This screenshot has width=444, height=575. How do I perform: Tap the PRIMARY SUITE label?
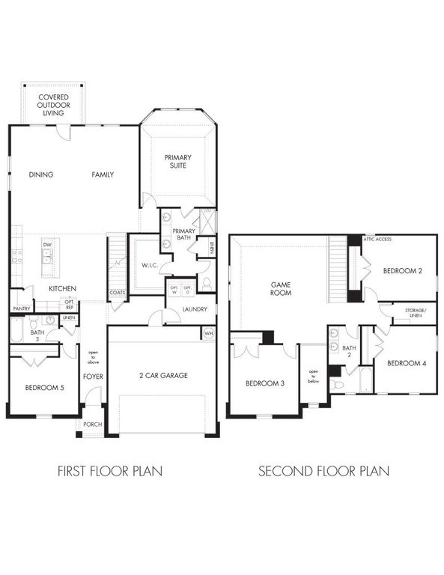[x=178, y=161]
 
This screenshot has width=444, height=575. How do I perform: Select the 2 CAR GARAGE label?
[x=162, y=375]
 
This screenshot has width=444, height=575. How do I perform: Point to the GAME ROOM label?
[x=281, y=288]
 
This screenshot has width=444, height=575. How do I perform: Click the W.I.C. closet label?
[x=148, y=265]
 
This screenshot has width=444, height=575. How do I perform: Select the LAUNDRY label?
[x=194, y=309]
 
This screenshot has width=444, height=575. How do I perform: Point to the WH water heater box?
[x=209, y=332]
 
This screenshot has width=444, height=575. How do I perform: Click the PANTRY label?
[x=21, y=308]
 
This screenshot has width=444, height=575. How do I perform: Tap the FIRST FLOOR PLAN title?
[x=110, y=472]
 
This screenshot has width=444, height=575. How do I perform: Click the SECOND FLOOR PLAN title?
[x=323, y=472]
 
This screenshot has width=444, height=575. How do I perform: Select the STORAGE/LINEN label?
[x=415, y=313]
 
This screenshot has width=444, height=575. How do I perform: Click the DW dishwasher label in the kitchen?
[x=46, y=245]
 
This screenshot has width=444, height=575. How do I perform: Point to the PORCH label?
[x=92, y=425]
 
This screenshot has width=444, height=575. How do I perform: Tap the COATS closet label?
[x=118, y=293]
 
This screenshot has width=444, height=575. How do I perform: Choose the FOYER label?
[x=93, y=376]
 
